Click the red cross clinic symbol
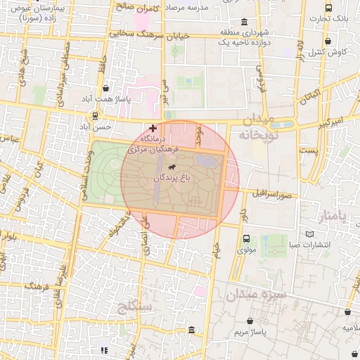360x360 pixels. point(153,128)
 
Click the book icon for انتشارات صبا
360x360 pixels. point(310,234)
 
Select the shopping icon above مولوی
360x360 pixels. point(246,238)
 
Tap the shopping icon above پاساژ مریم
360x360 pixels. point(248,321)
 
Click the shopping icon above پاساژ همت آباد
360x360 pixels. point(105,88)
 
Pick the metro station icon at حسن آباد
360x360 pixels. point(94,116)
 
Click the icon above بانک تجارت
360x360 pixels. point(329,8)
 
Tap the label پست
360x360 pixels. point(308,150)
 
